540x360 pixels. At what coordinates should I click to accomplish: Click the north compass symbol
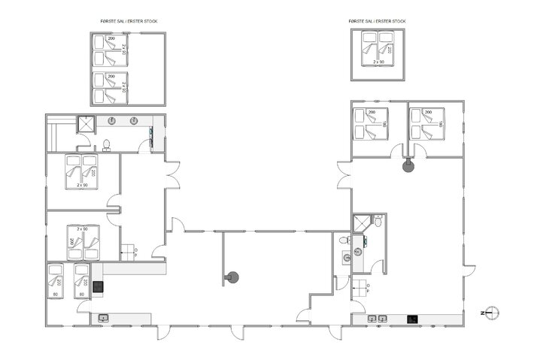coord(491,313)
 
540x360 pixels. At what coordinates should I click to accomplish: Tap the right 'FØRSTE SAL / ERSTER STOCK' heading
coord(378,21)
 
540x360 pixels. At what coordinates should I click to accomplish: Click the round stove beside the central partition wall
coord(232,277)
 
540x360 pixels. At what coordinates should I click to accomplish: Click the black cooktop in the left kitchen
coord(96,284)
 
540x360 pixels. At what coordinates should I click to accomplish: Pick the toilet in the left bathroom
coord(107,144)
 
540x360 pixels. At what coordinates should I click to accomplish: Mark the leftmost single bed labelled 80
coord(56,281)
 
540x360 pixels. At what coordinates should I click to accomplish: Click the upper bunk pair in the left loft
coord(111,50)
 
